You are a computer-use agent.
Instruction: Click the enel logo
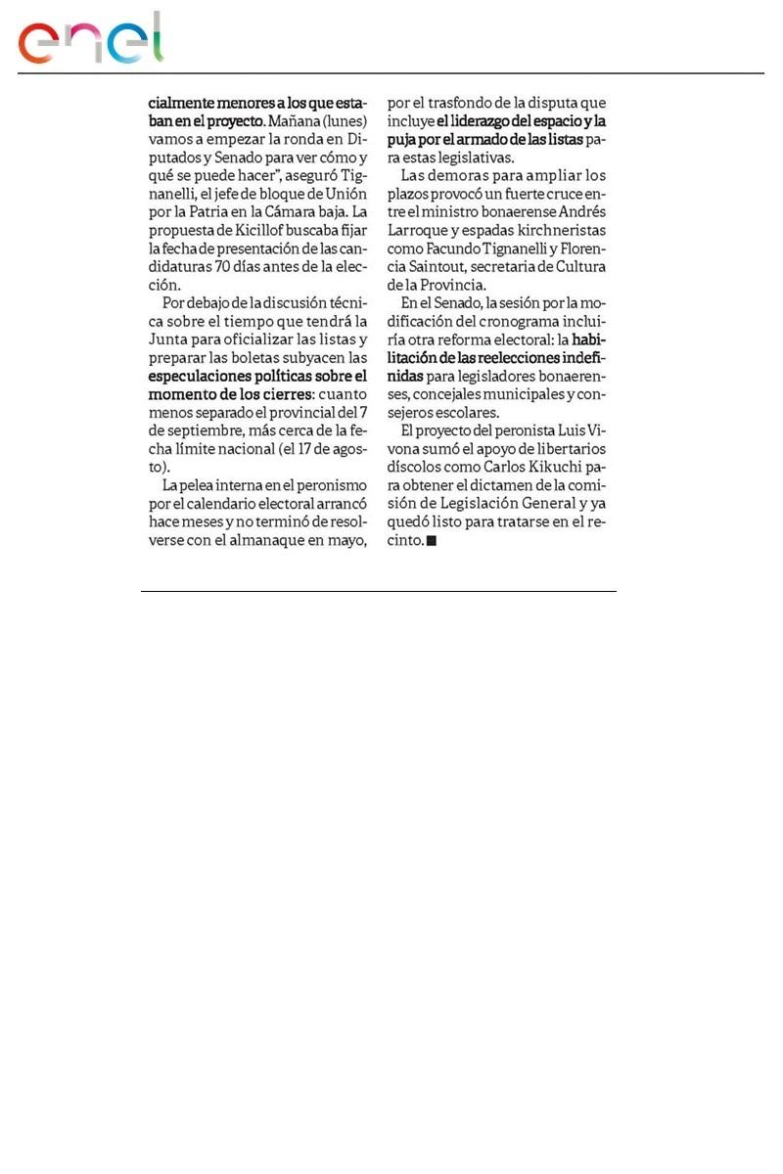tap(90, 39)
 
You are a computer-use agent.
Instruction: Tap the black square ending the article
tap(431, 540)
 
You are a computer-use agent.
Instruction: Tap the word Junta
tap(167, 339)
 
